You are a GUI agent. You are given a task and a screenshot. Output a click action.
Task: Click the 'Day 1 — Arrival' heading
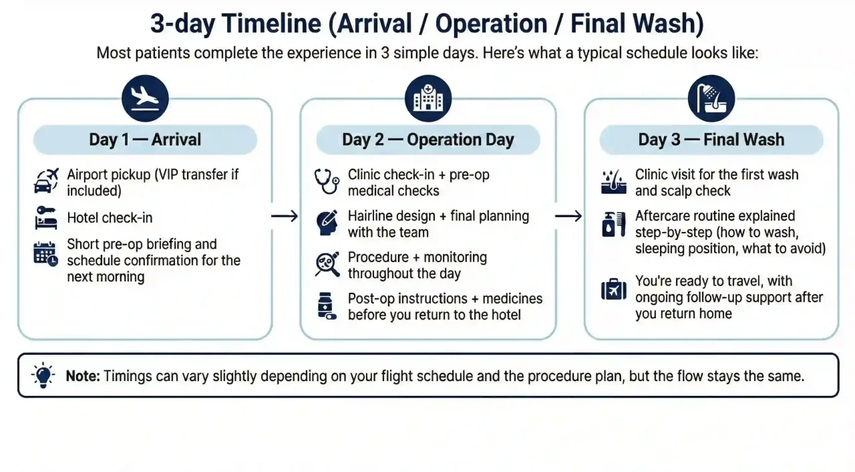145,140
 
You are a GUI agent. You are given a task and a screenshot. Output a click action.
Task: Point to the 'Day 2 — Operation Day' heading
428,140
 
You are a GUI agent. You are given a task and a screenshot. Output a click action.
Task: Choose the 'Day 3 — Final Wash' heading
711,140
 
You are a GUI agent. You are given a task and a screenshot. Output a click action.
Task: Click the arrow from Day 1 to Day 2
285,216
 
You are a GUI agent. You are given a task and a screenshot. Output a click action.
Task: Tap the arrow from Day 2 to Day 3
569,216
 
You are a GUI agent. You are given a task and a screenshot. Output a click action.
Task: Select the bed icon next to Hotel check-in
46,218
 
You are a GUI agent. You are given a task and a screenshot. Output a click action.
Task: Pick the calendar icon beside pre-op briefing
46,254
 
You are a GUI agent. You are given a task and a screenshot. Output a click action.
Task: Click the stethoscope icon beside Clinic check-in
327,181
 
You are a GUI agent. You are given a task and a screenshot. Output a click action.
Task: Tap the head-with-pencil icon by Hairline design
327,223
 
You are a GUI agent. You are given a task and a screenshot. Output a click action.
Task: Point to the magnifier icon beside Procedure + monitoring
327,265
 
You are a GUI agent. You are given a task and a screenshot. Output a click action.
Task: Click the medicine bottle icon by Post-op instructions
327,306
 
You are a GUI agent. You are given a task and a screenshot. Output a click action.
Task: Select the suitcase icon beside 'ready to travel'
613,290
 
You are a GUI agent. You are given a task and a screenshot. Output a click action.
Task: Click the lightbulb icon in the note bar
43,375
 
